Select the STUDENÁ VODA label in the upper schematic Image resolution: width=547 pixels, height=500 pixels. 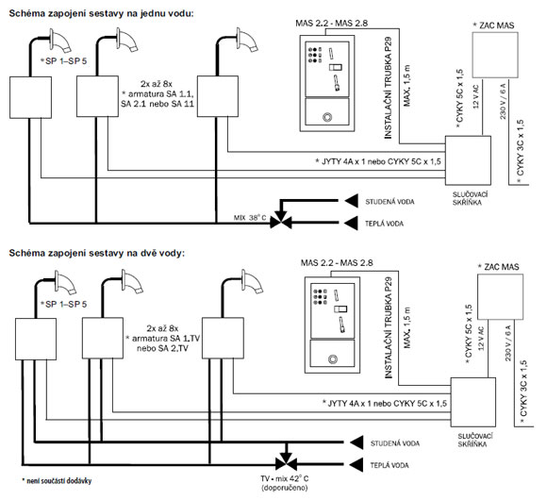[x=390, y=202]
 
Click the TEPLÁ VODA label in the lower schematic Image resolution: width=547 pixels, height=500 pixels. [x=390, y=465]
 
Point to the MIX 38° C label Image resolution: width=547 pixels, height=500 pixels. [x=250, y=218]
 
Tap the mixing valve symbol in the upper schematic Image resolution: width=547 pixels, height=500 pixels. [x=281, y=220]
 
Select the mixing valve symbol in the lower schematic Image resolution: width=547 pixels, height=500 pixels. [x=286, y=462]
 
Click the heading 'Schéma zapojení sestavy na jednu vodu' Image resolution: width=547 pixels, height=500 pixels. [x=101, y=13]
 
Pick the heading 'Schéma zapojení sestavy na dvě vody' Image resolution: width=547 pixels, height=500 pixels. [x=96, y=253]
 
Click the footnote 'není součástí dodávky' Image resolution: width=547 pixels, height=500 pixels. [x=57, y=481]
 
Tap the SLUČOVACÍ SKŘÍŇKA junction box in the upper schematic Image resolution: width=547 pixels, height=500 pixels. [x=468, y=160]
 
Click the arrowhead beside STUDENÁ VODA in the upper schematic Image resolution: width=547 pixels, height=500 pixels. [x=352, y=201]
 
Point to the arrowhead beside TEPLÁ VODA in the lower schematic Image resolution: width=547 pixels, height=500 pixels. [x=356, y=465]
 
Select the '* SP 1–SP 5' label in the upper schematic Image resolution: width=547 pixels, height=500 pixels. [x=63, y=60]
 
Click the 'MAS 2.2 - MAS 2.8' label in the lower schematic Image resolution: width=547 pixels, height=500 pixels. [x=337, y=262]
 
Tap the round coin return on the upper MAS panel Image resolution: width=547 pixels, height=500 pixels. [x=327, y=117]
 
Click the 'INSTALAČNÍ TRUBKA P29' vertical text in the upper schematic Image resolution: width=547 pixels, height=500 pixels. [x=389, y=88]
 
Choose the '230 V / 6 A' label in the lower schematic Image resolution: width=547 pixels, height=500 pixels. [x=508, y=343]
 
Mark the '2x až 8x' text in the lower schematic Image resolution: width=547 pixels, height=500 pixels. [x=162, y=328]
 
